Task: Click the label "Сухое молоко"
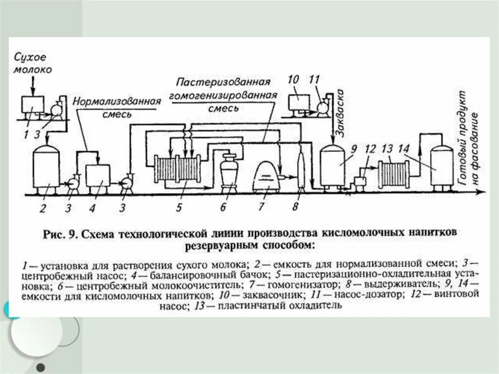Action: click(33, 62)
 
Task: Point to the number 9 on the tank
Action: click(354, 149)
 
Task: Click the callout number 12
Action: click(370, 149)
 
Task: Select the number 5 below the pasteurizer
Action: click(179, 208)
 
